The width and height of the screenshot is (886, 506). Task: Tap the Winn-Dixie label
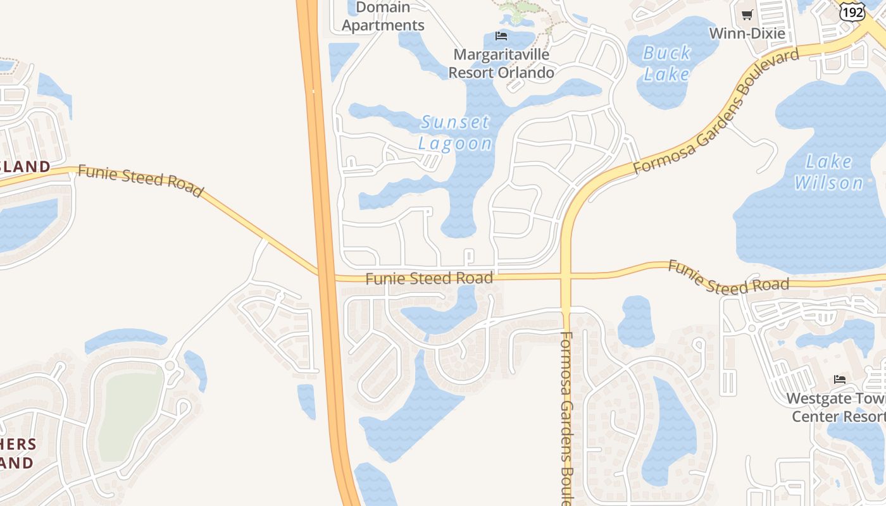coord(747,34)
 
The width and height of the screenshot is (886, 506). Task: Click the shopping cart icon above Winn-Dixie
coord(747,15)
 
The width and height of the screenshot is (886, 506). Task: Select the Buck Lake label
coord(666,63)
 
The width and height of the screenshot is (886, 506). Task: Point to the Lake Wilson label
coord(828,172)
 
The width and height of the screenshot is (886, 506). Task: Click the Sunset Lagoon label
coord(455,132)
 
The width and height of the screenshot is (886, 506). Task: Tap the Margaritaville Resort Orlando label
coord(501,63)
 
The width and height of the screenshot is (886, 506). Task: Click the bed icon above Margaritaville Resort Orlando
coord(501,36)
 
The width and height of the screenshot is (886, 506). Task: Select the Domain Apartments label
coord(384,16)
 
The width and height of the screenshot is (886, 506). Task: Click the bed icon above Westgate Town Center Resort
coord(840,379)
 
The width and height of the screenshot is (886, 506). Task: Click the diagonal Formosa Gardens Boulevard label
coord(716,111)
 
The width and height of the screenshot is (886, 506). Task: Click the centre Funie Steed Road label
coord(429,278)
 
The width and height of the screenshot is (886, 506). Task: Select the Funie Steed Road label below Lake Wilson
coord(728,278)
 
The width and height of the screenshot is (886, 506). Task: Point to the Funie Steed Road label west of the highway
coord(140,181)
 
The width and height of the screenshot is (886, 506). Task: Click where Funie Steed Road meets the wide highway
coord(326,276)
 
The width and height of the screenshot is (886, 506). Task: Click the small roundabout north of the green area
coord(170,365)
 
